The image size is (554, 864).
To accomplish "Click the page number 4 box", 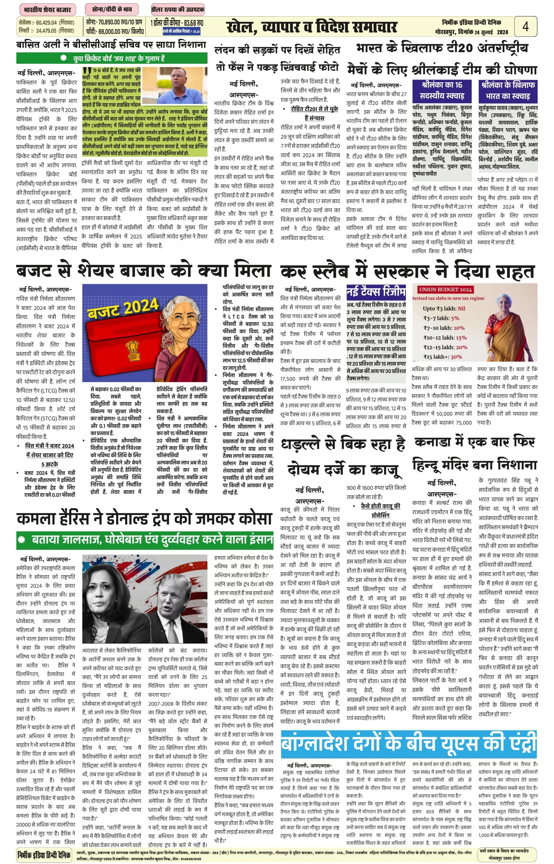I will [x=525, y=26].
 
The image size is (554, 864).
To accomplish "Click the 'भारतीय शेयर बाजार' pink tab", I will [x=47, y=9].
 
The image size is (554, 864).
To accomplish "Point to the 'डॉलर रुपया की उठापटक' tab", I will [x=178, y=9].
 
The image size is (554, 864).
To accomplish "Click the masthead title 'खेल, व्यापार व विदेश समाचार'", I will [x=311, y=27].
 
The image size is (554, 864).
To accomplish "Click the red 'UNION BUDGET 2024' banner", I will [x=445, y=289].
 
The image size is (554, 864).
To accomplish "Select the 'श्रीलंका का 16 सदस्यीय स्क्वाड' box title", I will [x=442, y=90].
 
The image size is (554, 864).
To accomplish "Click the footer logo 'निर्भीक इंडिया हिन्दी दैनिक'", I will [x=44, y=854].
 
